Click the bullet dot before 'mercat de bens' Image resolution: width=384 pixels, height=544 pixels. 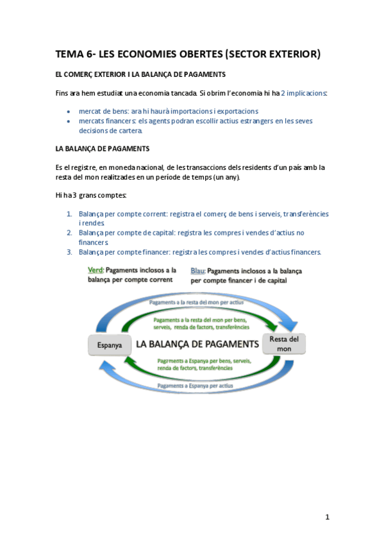[69, 112]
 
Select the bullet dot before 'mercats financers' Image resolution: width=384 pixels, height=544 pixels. [69, 121]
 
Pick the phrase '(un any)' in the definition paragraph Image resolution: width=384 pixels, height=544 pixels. [224, 176]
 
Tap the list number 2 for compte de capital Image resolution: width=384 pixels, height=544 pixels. [69, 233]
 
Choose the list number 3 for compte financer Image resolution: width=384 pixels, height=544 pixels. [69, 252]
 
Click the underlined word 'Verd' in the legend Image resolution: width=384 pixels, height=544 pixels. [95, 270]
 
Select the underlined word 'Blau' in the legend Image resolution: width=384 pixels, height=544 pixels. [197, 271]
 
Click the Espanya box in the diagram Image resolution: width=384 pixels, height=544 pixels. [109, 344]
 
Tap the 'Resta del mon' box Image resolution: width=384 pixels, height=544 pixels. [284, 343]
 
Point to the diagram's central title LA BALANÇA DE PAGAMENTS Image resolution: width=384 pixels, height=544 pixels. [197, 344]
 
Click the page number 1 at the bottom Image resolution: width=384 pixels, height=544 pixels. [327, 517]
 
